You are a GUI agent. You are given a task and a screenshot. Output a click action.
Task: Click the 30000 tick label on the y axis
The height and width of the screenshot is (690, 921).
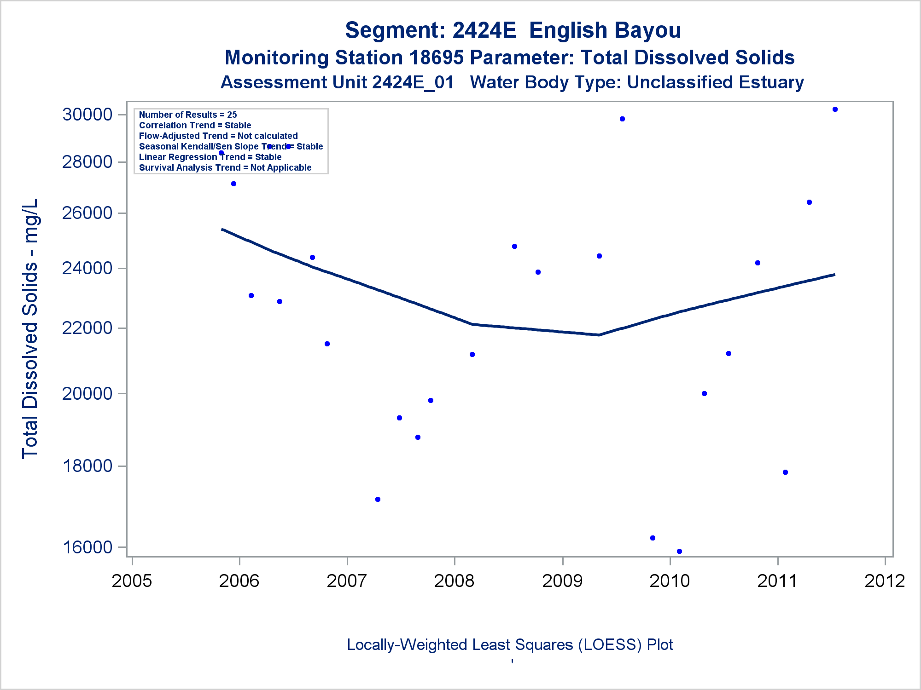click(x=87, y=115)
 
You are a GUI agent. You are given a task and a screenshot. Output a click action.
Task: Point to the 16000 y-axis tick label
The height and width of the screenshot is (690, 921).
click(x=87, y=547)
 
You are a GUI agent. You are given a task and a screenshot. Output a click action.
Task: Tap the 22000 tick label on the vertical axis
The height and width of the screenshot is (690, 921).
click(x=87, y=328)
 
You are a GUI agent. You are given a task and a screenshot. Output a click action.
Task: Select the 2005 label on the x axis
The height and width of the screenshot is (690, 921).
click(x=132, y=581)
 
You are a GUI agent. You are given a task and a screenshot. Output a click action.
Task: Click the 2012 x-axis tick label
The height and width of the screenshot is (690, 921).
click(x=885, y=581)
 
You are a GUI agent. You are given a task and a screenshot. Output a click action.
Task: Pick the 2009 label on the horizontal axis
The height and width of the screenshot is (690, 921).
click(x=562, y=581)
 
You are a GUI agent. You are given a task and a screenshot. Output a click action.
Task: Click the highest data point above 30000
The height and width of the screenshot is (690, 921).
click(x=835, y=109)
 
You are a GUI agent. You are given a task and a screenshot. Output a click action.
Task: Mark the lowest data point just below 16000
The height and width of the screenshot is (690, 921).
click(x=679, y=551)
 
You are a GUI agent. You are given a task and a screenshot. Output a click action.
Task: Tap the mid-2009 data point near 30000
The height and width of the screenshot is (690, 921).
click(x=622, y=119)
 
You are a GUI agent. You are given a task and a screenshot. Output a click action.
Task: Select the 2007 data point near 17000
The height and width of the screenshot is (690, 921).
click(x=378, y=499)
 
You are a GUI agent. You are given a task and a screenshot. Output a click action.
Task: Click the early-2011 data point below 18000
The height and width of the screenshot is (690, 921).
click(x=785, y=472)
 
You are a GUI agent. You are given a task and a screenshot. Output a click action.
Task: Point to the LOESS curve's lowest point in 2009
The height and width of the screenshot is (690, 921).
click(x=599, y=335)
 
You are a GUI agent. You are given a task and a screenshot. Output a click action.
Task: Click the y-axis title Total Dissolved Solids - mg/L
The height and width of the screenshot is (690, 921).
click(x=30, y=328)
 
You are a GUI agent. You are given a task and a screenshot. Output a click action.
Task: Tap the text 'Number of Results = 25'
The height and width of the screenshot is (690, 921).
click(x=188, y=115)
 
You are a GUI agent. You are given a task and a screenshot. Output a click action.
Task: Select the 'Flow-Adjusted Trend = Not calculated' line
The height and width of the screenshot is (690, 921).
click(x=218, y=136)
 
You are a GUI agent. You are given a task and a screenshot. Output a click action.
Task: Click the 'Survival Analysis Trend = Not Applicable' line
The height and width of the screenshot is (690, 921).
click(x=225, y=168)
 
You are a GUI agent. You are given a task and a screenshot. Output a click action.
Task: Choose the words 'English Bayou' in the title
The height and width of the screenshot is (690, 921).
click(x=605, y=30)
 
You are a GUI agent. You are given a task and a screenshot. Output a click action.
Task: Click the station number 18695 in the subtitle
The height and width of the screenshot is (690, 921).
click(x=436, y=58)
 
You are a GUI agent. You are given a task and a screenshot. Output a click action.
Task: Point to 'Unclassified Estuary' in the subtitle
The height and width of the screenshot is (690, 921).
click(x=715, y=83)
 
